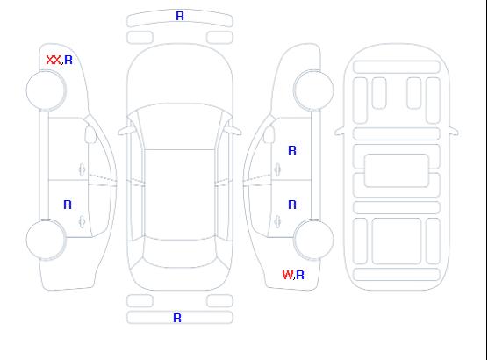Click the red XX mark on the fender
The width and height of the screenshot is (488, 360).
[x=54, y=60]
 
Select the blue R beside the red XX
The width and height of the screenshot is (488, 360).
[x=68, y=60]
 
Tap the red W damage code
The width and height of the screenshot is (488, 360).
[x=288, y=275]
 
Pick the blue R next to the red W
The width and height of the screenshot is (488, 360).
[x=300, y=275]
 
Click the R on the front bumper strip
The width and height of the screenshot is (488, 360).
[x=180, y=16]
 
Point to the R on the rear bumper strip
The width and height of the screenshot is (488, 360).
[x=177, y=318]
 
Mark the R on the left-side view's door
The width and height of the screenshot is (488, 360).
[x=68, y=205]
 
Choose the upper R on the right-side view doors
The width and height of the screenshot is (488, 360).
[x=292, y=150]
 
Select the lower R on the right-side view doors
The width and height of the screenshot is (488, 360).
[x=292, y=205]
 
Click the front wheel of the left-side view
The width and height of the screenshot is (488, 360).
[x=46, y=90]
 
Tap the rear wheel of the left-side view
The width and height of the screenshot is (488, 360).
[x=46, y=240]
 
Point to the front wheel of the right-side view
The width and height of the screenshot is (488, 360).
[x=313, y=90]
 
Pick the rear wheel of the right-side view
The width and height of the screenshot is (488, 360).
[x=313, y=240]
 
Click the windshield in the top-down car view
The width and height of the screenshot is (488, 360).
[x=180, y=126]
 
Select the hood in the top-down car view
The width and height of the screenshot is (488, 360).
[x=180, y=75]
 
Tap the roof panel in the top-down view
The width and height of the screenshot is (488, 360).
[x=180, y=195]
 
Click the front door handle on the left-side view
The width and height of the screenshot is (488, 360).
[x=82, y=169]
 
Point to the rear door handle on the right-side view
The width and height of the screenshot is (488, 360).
[x=277, y=221]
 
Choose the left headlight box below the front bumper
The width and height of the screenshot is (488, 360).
[x=140, y=38]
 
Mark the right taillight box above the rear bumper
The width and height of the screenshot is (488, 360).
[x=219, y=301]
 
